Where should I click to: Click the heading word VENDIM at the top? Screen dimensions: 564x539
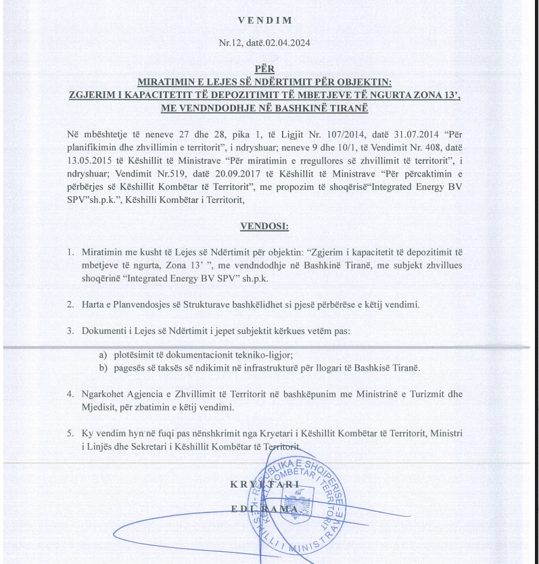click(x=264, y=20)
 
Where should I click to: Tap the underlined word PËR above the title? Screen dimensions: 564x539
click(x=264, y=68)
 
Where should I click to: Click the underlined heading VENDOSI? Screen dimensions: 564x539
click(x=264, y=226)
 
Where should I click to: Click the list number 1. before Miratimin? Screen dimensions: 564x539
click(x=70, y=252)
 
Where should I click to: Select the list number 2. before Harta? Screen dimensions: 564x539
click(x=70, y=304)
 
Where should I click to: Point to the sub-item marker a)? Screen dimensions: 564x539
click(x=103, y=354)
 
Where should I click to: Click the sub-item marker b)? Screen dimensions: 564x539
click(x=103, y=368)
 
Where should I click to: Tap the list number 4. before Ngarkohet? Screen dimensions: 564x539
click(x=70, y=394)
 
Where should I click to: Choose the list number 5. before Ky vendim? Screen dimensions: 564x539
click(x=70, y=433)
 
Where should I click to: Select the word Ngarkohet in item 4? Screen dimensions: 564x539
click(x=105, y=394)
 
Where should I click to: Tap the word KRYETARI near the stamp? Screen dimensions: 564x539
click(x=264, y=484)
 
